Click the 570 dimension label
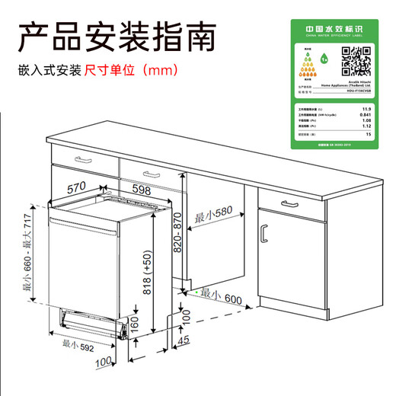pyautogui.click(x=75, y=187)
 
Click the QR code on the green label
pyautogui.click(x=356, y=59)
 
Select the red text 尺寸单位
pyautogui.click(x=110, y=70)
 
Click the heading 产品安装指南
pyautogui.click(x=117, y=36)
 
